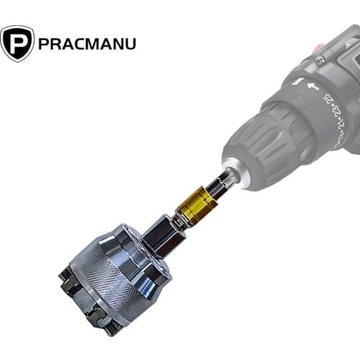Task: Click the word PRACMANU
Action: (x=87, y=43)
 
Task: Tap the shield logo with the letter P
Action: (x=17, y=43)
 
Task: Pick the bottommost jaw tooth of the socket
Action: (x=112, y=328)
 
